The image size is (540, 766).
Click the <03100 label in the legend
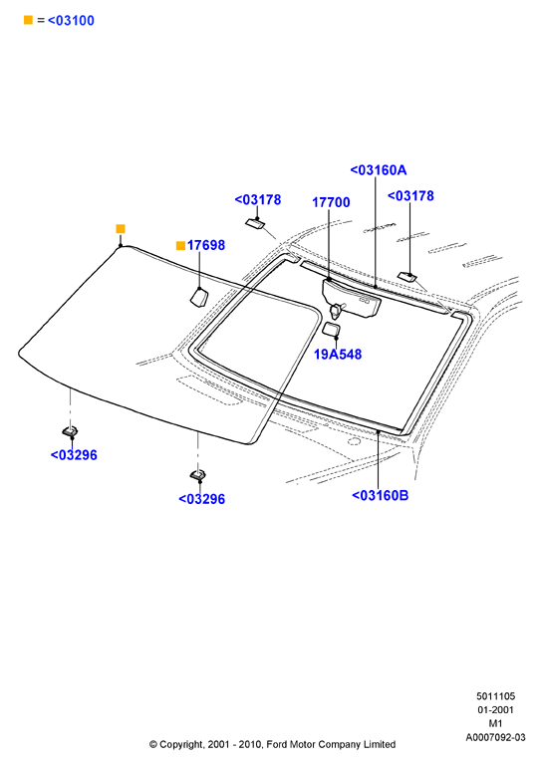click(x=71, y=21)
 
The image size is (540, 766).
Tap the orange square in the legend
click(x=28, y=20)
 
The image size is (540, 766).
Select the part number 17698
click(x=205, y=245)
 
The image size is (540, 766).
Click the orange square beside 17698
click(x=180, y=245)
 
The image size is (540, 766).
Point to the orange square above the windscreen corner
click(x=121, y=229)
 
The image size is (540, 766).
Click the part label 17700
click(x=331, y=202)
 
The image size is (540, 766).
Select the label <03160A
click(x=379, y=170)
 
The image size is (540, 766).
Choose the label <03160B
click(x=381, y=495)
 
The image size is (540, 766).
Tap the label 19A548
click(x=338, y=355)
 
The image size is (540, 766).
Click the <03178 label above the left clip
click(x=258, y=200)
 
